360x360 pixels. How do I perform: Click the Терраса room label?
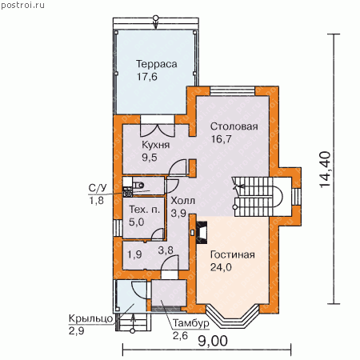157,64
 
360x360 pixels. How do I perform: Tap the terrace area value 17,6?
147,77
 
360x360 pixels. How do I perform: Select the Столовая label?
234,126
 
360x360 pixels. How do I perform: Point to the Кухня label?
155,145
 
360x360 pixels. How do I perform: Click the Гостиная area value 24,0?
221,267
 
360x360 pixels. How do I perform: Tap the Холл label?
183,201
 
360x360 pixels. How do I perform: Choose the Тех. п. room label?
144,210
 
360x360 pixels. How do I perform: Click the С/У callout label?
98,188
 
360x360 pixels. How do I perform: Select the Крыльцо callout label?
91,319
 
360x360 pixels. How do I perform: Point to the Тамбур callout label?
191,323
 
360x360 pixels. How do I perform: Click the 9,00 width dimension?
213,341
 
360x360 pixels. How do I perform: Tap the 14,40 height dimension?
325,170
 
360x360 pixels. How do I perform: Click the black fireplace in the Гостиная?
202,232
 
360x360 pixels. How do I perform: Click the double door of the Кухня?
158,130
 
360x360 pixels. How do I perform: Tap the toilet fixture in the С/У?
138,185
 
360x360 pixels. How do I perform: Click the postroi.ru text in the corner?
22,5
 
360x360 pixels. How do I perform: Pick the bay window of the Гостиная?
233,317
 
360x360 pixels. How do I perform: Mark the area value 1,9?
134,254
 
